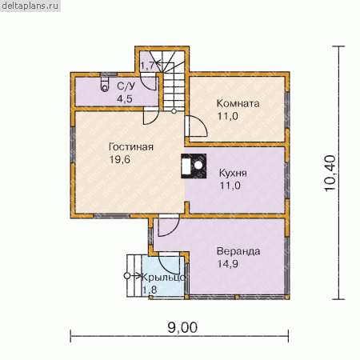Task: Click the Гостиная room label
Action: coord(131,147)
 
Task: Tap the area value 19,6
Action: coord(120,159)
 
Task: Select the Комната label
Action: coord(238,103)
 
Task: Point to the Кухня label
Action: coord(233,173)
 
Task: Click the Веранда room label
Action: coord(238,251)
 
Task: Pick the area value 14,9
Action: coord(228,264)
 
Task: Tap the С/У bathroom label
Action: coord(126,86)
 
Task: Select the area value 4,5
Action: coord(125,98)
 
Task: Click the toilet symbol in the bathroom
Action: coord(105,84)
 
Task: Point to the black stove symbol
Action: coord(194,166)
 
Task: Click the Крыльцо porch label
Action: coord(163,278)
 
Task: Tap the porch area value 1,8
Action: coord(150,290)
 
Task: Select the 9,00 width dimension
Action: coord(182,327)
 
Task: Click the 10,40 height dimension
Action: coord(330,173)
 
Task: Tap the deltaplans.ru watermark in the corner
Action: coord(30,6)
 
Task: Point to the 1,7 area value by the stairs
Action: coord(146,66)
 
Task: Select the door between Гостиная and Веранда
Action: coord(169,226)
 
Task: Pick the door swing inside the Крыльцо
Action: coord(169,263)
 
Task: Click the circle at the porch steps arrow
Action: coord(127,276)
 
